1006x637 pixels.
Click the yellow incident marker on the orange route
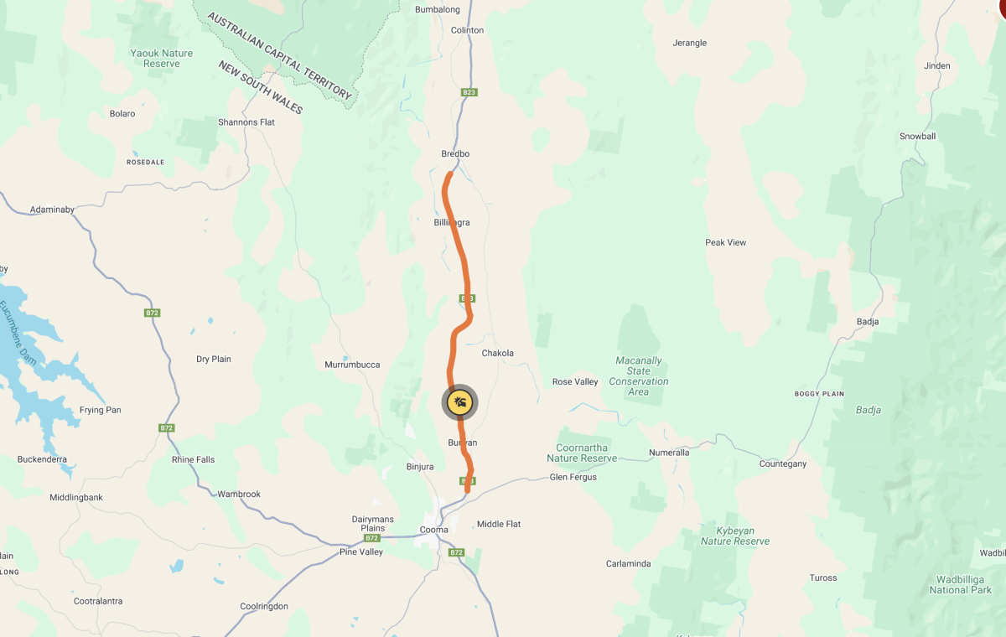[x=459, y=403]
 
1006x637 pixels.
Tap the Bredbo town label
[x=455, y=154]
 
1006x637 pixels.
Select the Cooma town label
[x=433, y=530]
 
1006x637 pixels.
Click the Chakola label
[x=497, y=354]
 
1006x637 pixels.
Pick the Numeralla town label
[x=669, y=453]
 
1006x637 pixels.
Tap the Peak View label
[x=725, y=243]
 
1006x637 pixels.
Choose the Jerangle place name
[x=690, y=43]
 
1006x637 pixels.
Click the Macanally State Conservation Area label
[x=639, y=376]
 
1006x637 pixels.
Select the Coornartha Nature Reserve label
[x=582, y=453]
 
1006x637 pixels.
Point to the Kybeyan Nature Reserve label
[x=734, y=536]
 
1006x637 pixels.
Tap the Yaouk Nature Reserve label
[x=162, y=58]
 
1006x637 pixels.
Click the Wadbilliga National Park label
[x=960, y=584]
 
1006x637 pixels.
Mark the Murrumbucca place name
[x=352, y=365]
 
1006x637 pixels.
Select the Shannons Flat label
[x=246, y=122]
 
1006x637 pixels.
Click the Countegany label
[x=782, y=464]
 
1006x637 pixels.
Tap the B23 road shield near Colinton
[x=469, y=92]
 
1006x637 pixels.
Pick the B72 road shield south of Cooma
[x=456, y=552]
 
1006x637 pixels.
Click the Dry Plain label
[x=214, y=360]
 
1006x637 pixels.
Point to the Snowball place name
[x=917, y=137]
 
